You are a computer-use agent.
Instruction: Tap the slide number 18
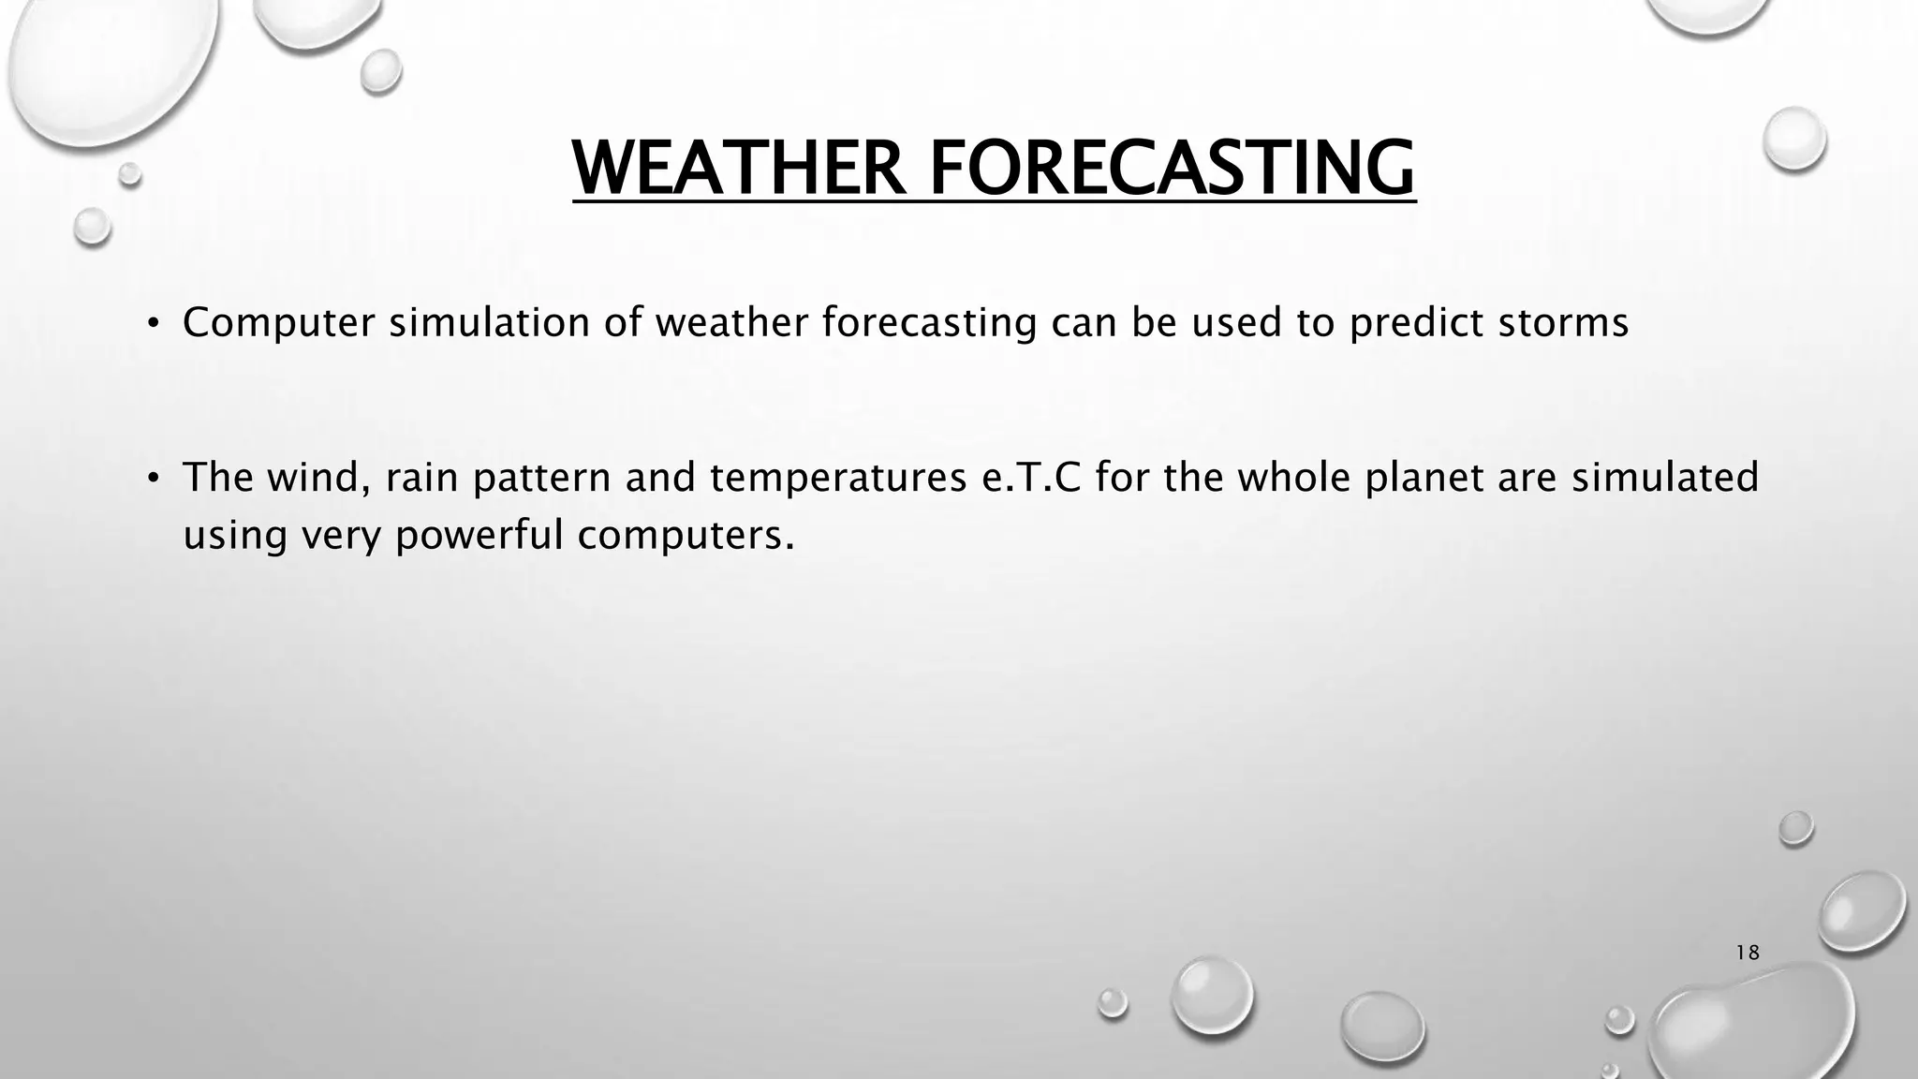click(1747, 953)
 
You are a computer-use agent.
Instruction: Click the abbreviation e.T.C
click(1029, 478)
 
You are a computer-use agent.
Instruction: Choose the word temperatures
click(837, 478)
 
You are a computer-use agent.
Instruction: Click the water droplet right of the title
click(1793, 139)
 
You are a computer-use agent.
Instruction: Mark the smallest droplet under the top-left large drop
click(129, 174)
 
